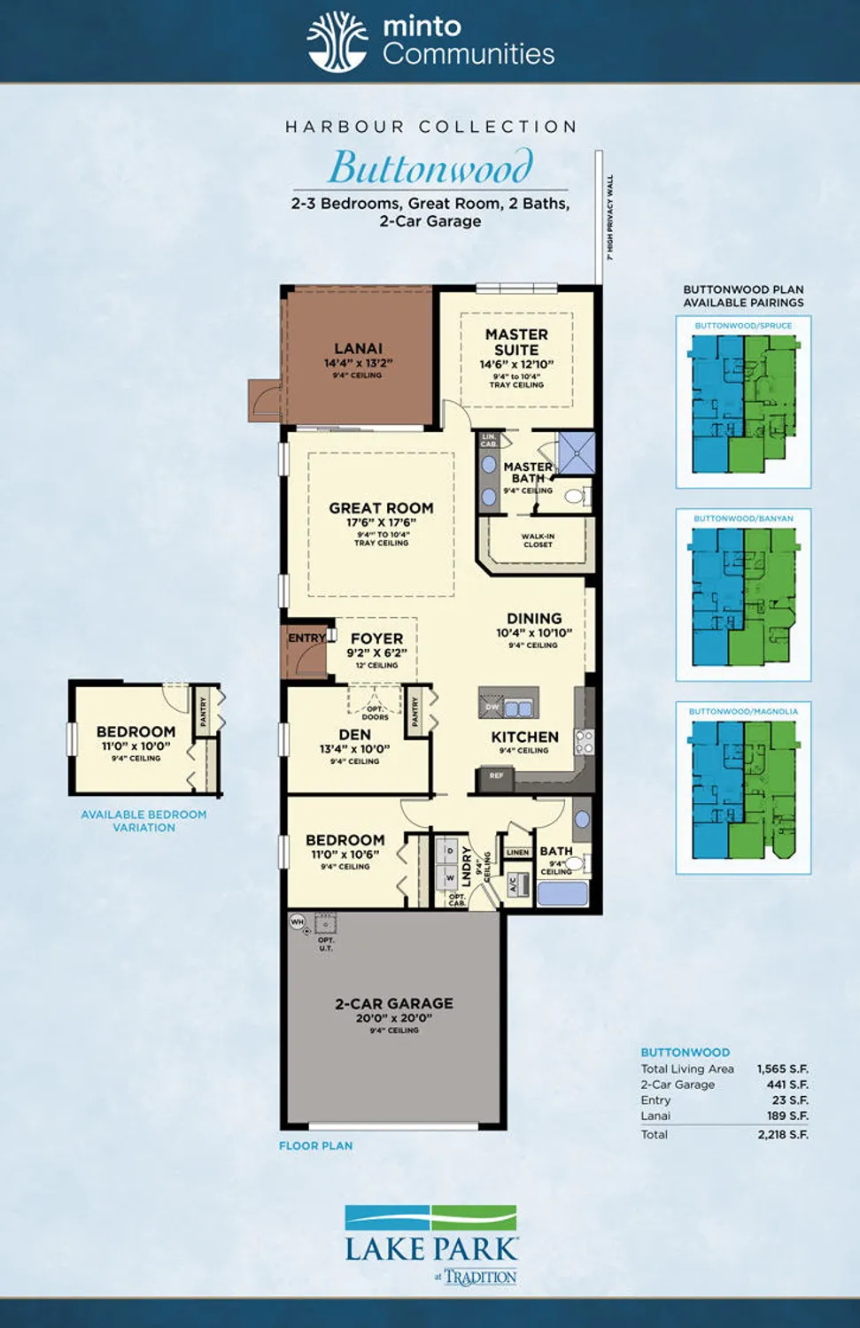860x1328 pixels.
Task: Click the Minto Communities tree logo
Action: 337,42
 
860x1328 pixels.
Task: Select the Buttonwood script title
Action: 430,167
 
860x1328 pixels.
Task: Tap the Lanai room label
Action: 358,349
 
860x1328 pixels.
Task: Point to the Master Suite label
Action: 516,342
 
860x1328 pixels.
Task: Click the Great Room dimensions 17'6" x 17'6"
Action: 381,522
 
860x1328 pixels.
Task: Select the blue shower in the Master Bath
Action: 576,452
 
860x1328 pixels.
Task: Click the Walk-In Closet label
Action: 538,540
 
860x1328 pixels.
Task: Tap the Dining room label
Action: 534,618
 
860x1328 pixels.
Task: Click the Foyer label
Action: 376,638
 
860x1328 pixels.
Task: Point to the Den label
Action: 354,735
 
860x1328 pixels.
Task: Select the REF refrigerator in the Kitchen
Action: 496,776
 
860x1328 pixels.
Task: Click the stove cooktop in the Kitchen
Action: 584,741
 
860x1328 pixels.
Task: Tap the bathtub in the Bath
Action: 562,892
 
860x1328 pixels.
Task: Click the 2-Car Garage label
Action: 394,1004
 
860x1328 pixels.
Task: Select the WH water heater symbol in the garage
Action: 298,922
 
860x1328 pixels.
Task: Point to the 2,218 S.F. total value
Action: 783,1134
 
